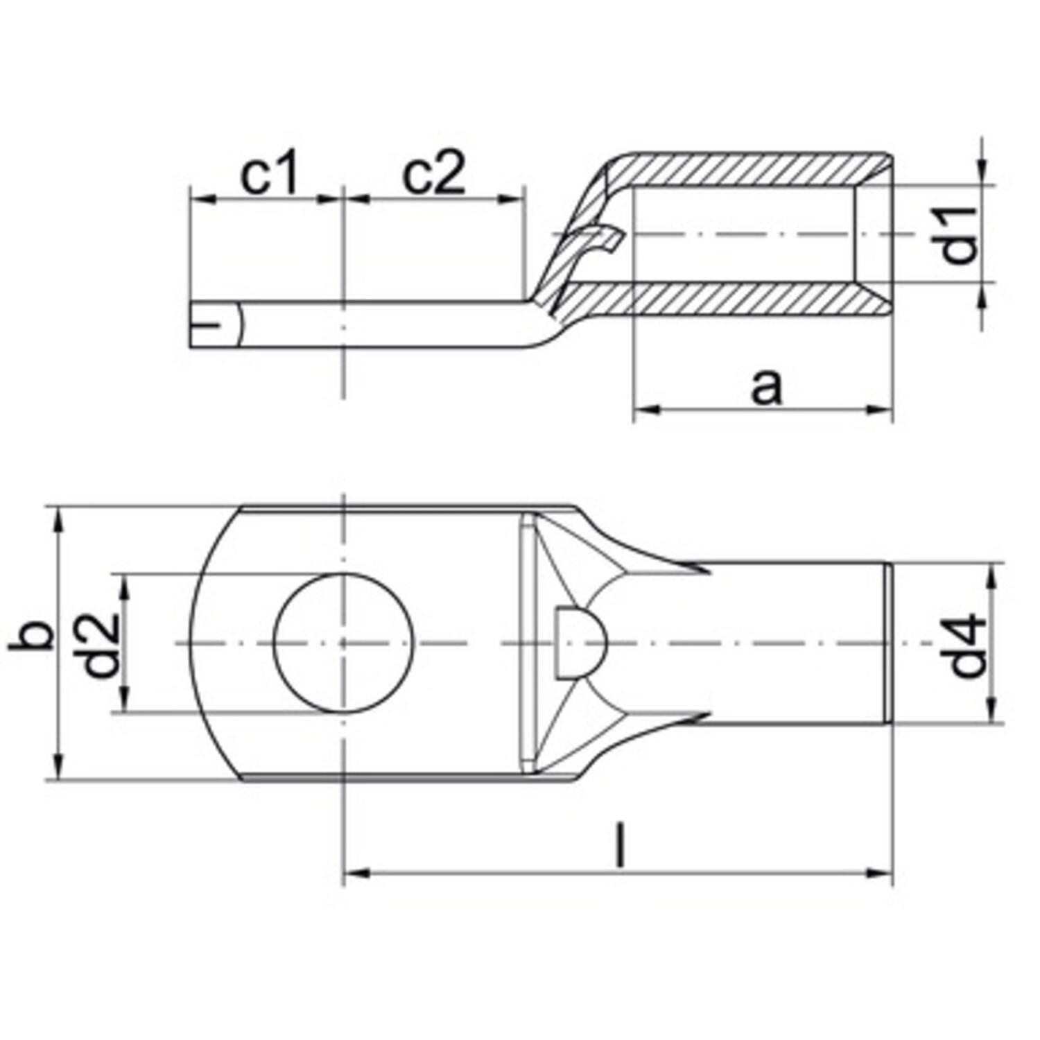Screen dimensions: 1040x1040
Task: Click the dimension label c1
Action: [270, 175]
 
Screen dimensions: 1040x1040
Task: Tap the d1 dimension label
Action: [960, 235]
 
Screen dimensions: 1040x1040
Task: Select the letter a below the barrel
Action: [766, 387]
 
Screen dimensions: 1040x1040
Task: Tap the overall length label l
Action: [621, 845]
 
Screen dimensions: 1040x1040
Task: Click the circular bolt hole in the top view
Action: [343, 643]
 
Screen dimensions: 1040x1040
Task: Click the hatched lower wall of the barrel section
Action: [749, 298]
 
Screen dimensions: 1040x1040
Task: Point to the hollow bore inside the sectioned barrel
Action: [742, 234]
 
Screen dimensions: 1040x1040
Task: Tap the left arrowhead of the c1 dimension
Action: [198, 200]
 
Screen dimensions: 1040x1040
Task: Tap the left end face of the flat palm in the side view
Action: [191, 324]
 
